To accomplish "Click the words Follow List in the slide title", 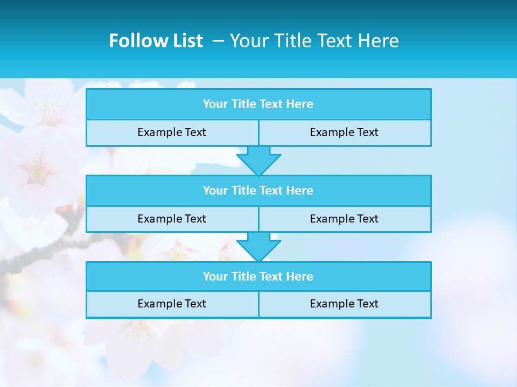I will pos(156,41).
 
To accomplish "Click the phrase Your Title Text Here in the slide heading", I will pos(314,41).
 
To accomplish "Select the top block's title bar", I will pos(258,104).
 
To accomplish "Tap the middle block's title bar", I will pos(258,191).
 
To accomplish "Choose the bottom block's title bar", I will pos(258,277).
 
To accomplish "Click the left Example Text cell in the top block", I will pos(172,132).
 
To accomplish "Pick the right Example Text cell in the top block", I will pos(344,132).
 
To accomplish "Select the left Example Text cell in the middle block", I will pos(172,219).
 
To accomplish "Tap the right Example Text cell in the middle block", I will pos(344,219).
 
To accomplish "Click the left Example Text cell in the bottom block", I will pos(172,304).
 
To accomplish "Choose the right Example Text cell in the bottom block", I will pos(344,304).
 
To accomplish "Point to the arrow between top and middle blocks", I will pos(258,161).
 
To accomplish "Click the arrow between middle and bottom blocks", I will pos(258,247).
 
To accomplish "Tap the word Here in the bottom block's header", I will pos(299,277).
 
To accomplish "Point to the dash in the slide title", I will pos(218,41).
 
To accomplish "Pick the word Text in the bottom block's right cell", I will pos(367,304).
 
